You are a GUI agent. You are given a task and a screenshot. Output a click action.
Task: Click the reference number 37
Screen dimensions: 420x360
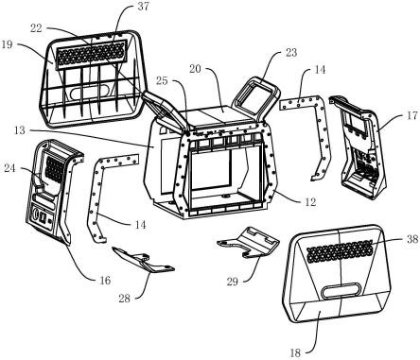(143, 7)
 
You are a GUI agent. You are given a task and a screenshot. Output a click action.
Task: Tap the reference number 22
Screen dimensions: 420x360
(36, 28)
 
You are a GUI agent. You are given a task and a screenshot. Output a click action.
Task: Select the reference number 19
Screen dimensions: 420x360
(7, 44)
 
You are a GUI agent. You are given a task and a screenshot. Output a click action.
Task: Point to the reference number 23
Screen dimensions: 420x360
(291, 52)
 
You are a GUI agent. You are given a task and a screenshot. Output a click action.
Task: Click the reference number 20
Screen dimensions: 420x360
(195, 69)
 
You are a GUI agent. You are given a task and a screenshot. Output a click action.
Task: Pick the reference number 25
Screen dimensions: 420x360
(162, 81)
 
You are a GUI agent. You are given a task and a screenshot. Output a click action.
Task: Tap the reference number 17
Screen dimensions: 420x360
(411, 115)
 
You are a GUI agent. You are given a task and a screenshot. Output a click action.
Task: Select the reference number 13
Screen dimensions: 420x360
(20, 130)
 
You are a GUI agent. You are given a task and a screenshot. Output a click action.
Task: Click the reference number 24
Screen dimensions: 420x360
(9, 168)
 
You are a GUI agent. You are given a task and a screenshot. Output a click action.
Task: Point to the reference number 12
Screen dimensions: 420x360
(310, 202)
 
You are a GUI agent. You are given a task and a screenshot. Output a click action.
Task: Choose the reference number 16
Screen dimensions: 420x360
(105, 280)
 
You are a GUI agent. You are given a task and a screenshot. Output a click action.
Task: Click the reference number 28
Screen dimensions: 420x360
(125, 299)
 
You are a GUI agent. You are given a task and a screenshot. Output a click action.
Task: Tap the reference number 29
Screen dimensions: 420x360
(233, 282)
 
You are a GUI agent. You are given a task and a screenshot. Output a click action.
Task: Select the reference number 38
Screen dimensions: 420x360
(412, 239)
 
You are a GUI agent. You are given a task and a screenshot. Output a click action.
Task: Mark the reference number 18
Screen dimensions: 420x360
(295, 353)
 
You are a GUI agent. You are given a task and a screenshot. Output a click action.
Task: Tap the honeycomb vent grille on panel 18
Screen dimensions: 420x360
(340, 251)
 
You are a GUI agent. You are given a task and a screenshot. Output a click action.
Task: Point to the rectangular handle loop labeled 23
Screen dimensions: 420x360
(256, 97)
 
